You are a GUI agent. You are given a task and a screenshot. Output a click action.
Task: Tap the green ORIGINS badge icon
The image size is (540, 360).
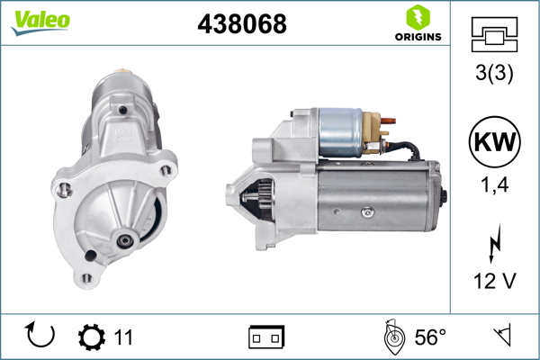tap(416, 17)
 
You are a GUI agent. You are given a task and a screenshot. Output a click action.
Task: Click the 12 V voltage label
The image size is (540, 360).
tap(493, 282)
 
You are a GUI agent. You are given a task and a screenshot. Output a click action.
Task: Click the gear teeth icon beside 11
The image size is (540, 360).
tap(91, 337)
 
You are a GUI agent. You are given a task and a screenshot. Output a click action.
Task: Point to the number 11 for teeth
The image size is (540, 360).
tap(123, 337)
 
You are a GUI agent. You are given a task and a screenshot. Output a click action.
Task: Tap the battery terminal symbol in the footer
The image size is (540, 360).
tap(266, 337)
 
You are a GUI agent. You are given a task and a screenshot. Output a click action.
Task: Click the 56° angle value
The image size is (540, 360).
tap(430, 337)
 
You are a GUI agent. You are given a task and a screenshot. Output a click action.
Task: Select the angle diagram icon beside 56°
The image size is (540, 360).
tap(393, 337)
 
